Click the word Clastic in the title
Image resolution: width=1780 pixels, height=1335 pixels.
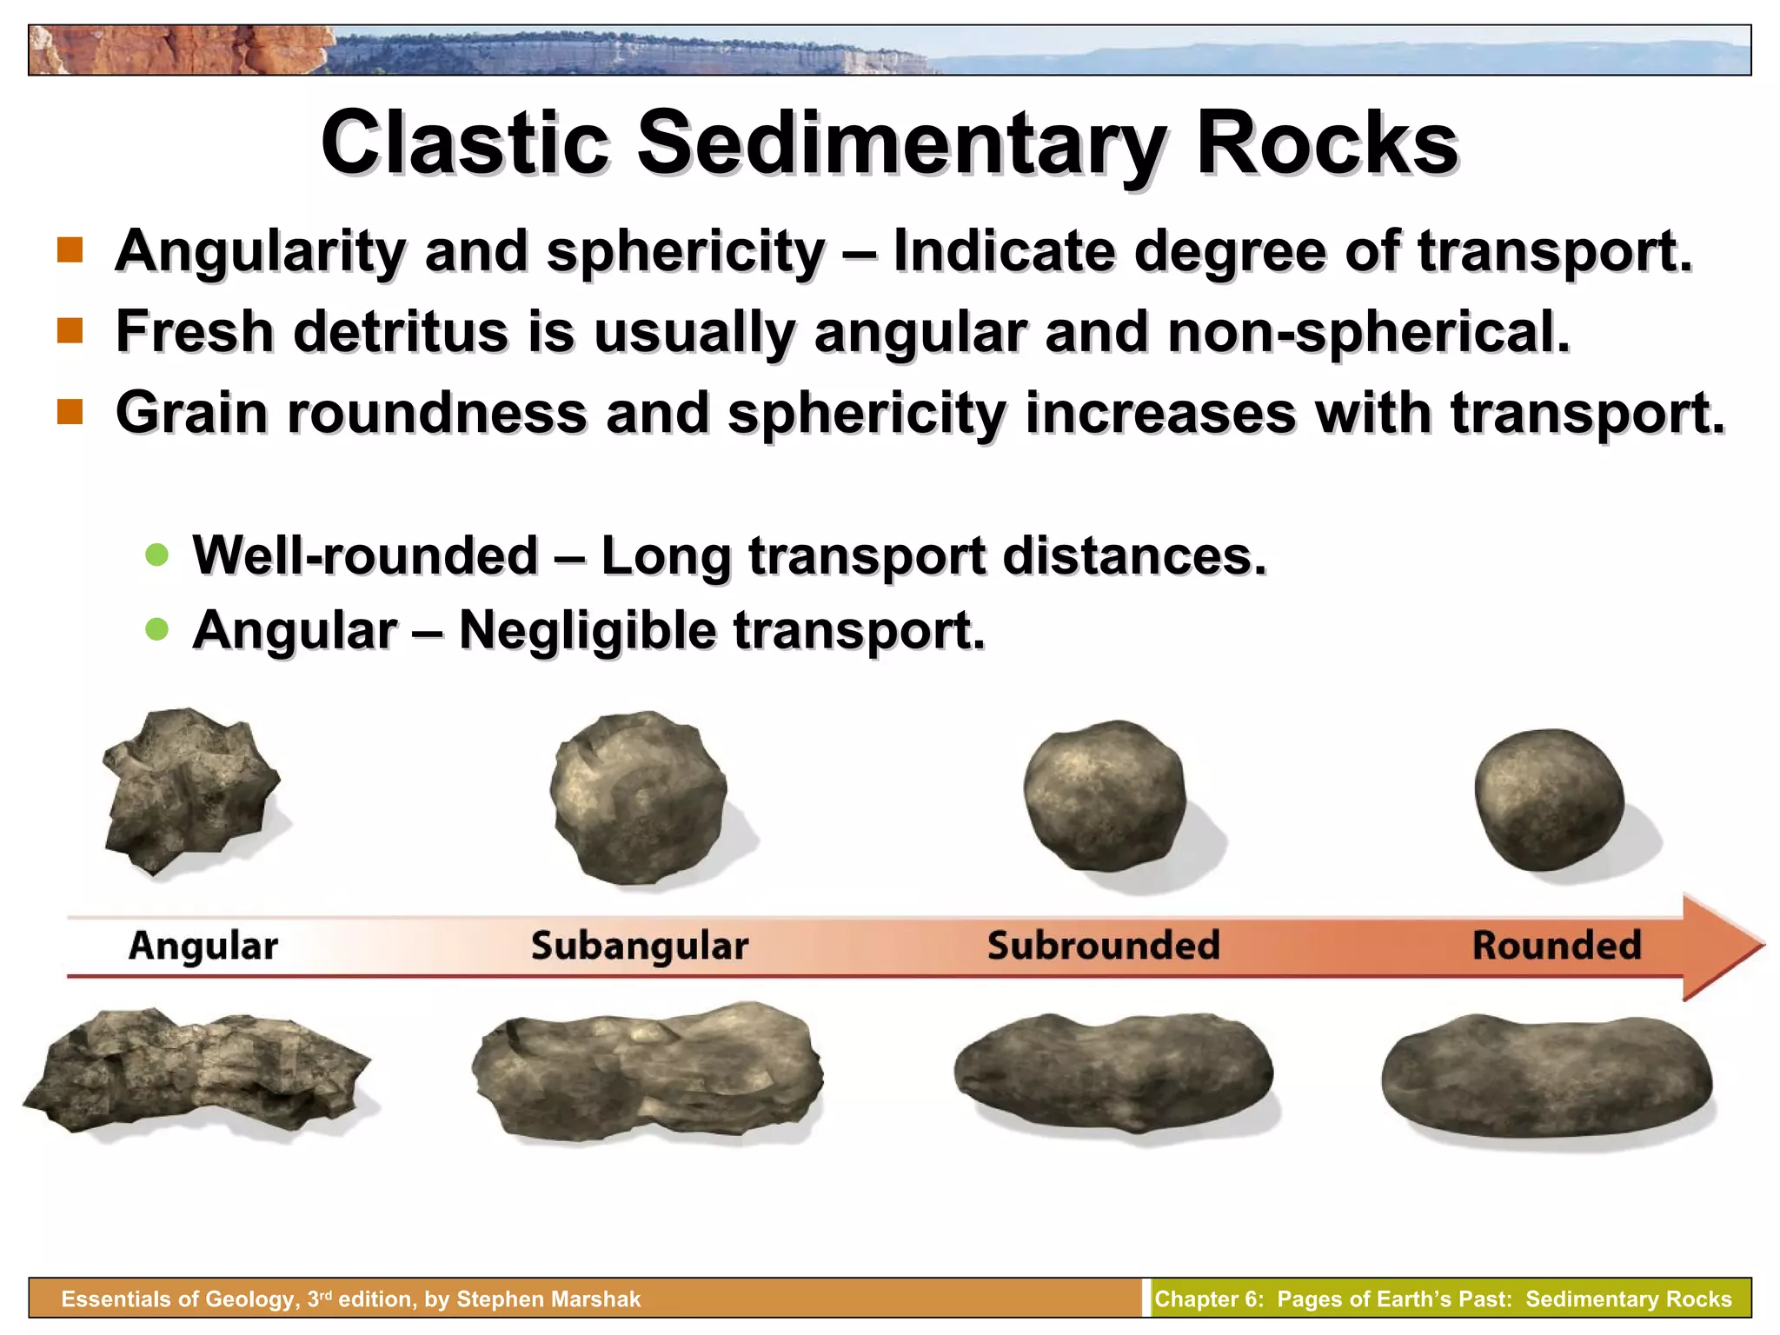[x=464, y=143]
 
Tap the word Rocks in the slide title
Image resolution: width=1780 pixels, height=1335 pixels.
[x=1326, y=143]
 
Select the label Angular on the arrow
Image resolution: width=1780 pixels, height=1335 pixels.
[x=203, y=946]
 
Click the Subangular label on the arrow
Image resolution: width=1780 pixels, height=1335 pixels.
[x=640, y=946]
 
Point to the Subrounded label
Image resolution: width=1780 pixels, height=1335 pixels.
[x=1104, y=946]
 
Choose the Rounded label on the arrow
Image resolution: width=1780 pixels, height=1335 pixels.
[x=1557, y=946]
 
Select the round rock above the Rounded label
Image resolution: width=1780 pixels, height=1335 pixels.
[x=1549, y=800]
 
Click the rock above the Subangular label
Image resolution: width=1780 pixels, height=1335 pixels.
[x=640, y=798]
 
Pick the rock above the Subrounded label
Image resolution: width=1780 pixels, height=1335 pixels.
[x=1104, y=795]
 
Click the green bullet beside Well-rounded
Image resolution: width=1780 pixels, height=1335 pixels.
[x=157, y=555]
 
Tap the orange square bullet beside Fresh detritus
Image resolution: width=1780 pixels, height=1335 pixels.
[x=70, y=331]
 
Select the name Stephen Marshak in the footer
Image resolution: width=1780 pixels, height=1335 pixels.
[x=548, y=1299]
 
